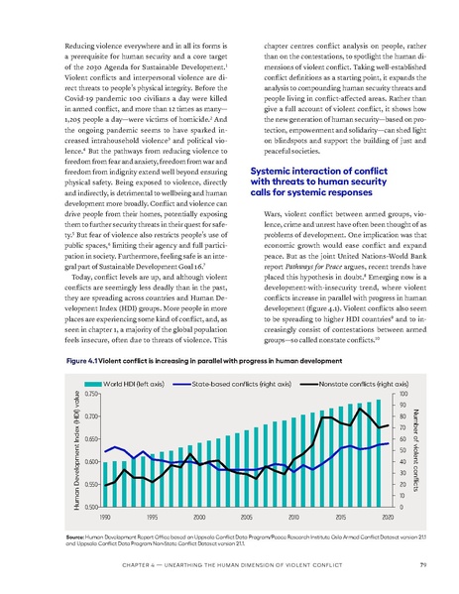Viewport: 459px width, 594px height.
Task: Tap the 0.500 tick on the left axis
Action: pos(90,507)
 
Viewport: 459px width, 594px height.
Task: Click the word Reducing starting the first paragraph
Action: pos(82,46)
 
